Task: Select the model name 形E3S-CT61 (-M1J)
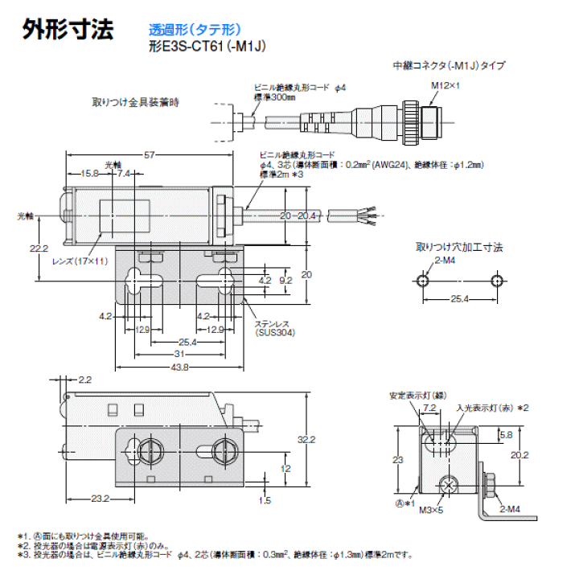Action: click(x=207, y=47)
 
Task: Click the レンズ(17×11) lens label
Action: click(x=78, y=261)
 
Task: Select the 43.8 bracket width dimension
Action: click(x=180, y=368)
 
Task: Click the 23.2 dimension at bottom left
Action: click(x=100, y=499)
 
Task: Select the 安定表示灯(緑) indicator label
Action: click(x=416, y=396)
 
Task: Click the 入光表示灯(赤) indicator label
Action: click(x=482, y=408)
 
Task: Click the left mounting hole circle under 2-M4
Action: click(x=424, y=280)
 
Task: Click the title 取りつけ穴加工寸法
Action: click(x=459, y=247)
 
